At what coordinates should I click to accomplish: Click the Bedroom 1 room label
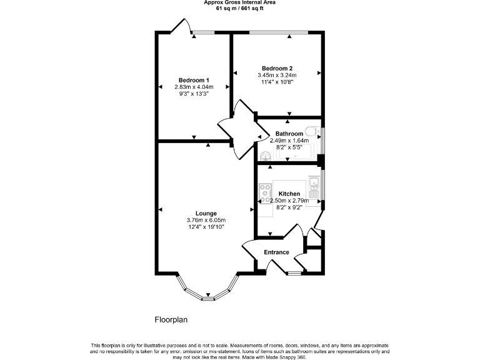pos(194,80)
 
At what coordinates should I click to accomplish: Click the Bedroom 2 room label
pos(277,68)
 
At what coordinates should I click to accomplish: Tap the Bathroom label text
pos(289,134)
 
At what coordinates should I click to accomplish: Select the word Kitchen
pos(289,194)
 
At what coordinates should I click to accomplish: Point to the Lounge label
pos(206,214)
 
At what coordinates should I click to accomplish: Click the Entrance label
pos(276,252)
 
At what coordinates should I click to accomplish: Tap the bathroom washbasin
pos(266,156)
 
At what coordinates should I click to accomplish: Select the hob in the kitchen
pos(265,189)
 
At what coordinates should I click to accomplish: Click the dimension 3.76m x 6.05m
pos(206,220)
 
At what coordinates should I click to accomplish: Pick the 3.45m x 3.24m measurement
pos(277,75)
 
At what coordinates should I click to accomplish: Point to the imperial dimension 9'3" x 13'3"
pos(194,94)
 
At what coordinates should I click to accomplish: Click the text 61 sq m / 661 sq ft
pos(240,8)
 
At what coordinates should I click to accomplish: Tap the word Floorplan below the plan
pos(171,319)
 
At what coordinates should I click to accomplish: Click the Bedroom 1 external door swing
pos(181,27)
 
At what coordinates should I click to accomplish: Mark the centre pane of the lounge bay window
pos(207,297)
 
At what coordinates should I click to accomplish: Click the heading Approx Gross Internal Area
pos(240,2)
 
